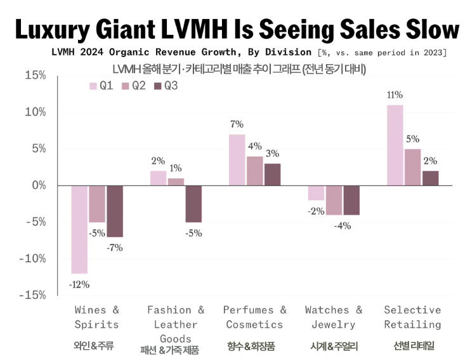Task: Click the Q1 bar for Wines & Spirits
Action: click(x=80, y=229)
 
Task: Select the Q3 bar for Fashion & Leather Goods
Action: click(x=193, y=204)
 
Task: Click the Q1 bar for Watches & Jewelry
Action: click(x=316, y=193)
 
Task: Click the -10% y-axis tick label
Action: click(x=33, y=258)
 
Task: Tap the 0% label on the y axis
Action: click(x=37, y=185)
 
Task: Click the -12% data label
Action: click(x=79, y=284)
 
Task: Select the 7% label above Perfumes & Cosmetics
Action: click(x=237, y=124)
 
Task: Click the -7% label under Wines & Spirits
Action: click(x=114, y=248)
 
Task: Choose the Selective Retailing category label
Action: click(x=412, y=317)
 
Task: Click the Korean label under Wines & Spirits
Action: click(x=96, y=347)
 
